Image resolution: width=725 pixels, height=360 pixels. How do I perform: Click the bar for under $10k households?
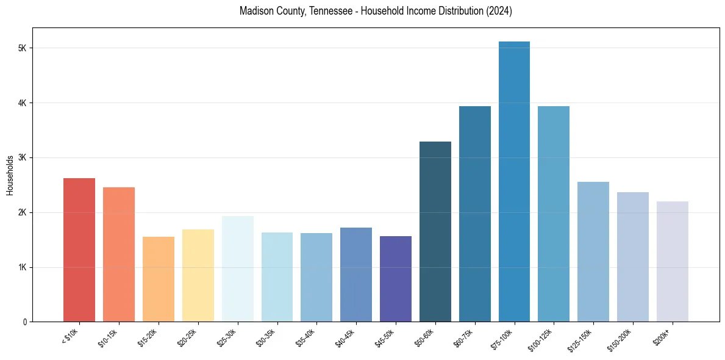click(x=79, y=250)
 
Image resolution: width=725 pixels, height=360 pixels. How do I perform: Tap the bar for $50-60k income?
click(x=435, y=232)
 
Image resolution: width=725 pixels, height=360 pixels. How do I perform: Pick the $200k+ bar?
click(x=673, y=262)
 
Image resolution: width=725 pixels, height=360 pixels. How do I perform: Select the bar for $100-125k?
click(x=554, y=214)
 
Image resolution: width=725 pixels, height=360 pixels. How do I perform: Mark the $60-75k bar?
click(x=475, y=214)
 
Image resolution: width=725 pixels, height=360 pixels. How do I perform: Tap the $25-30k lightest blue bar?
click(x=238, y=269)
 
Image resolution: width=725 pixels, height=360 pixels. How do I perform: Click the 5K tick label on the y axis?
click(x=23, y=48)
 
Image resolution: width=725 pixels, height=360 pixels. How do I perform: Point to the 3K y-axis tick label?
click(x=23, y=157)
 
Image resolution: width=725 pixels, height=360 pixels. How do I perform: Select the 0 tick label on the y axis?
click(x=25, y=322)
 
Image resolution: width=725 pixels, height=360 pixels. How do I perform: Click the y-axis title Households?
click(x=10, y=175)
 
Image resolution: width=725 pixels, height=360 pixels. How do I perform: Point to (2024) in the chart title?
click(x=499, y=12)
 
